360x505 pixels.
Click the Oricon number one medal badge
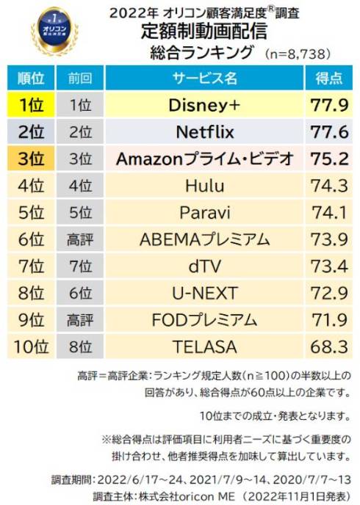click(x=55, y=32)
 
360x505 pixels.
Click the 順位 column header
click(x=31, y=78)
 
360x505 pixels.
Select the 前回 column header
click(x=80, y=78)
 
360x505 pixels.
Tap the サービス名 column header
click(x=204, y=78)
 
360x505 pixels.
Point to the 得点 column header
click(x=328, y=78)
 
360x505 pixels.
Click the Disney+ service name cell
click(x=204, y=105)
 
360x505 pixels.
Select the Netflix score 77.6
click(x=329, y=132)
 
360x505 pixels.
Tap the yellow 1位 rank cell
click(x=31, y=105)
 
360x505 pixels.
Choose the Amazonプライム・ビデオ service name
click(x=205, y=159)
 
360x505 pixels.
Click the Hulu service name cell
click(x=204, y=186)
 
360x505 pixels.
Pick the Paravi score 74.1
click(x=329, y=213)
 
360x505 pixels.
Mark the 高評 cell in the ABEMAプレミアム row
click(x=80, y=239)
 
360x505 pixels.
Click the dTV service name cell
click(x=204, y=266)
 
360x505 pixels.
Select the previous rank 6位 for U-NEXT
click(x=80, y=293)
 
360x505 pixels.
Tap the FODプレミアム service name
click(x=204, y=320)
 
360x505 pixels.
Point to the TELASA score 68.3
click(x=329, y=347)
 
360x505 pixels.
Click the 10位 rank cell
click(x=31, y=347)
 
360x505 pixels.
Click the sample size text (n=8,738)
click(x=298, y=54)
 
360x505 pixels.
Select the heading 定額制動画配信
click(x=204, y=32)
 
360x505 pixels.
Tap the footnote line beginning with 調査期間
click(x=201, y=480)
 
